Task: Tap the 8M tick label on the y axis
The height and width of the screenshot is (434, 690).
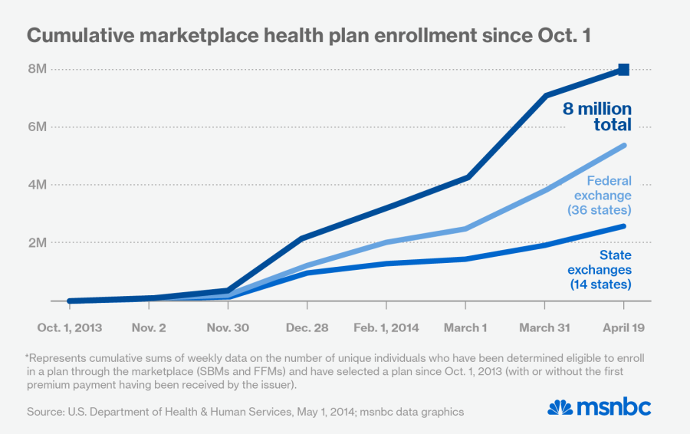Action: (x=38, y=69)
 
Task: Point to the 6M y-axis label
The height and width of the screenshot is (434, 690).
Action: (x=38, y=127)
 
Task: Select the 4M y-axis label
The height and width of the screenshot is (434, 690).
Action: (x=38, y=185)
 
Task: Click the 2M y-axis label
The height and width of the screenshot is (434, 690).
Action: (x=38, y=243)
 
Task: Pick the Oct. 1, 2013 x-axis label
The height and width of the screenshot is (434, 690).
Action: (x=70, y=327)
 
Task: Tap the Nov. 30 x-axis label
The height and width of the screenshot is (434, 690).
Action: (x=227, y=327)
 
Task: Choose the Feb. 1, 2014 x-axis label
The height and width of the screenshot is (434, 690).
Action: (x=386, y=327)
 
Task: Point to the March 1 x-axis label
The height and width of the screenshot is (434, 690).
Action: (x=465, y=327)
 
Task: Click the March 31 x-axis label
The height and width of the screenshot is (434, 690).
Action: (x=544, y=327)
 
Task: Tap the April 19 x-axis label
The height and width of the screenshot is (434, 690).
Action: (x=624, y=327)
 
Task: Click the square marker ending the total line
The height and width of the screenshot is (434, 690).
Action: (x=624, y=70)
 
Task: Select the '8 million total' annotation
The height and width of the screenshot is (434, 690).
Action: (x=597, y=117)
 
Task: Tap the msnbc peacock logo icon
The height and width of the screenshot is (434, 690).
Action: (x=561, y=406)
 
